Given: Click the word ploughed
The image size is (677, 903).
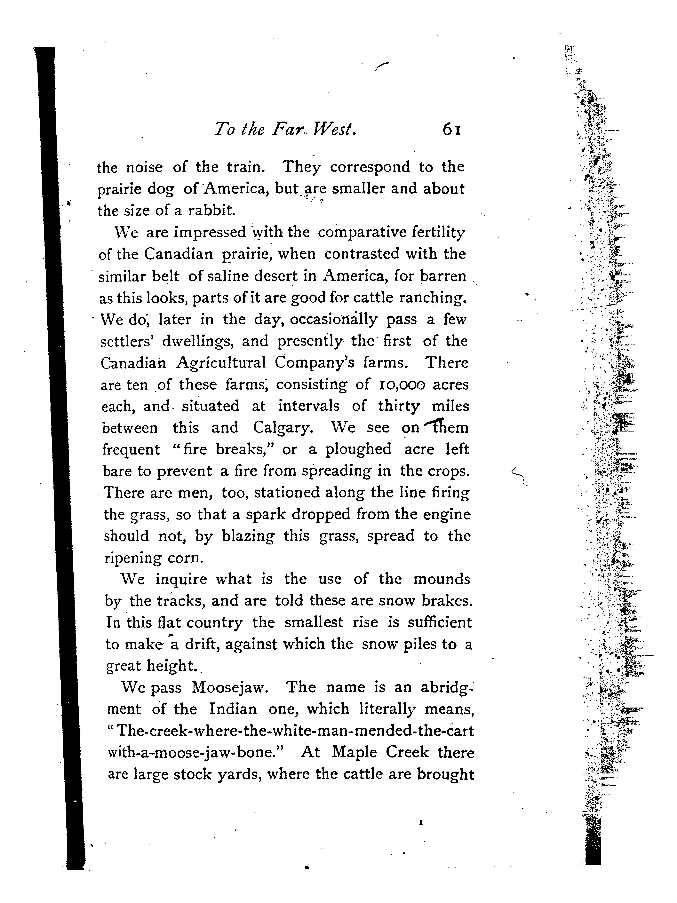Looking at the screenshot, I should click(358, 449).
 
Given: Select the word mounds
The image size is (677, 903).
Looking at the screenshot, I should click(442, 579).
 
